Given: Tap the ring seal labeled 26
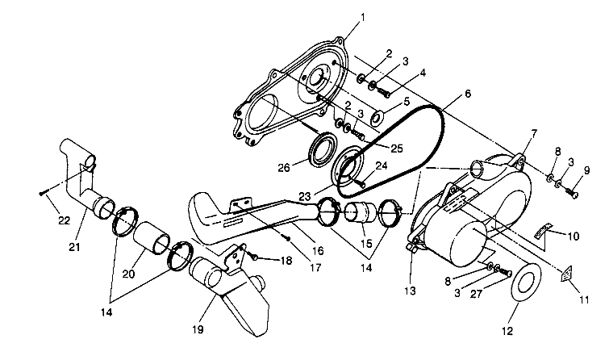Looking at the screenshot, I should tap(325, 150).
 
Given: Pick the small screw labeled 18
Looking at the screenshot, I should tap(252, 257).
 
